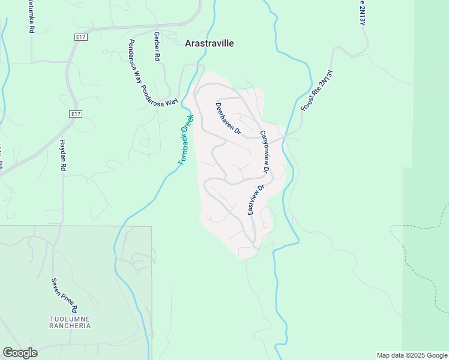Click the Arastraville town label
(x=209, y=43)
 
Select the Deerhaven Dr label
(x=228, y=118)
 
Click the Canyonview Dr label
(x=265, y=152)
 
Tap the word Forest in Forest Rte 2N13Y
(x=307, y=103)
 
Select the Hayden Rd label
(x=62, y=155)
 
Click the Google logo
(x=20, y=353)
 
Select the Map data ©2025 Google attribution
(x=412, y=355)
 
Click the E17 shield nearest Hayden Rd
(x=74, y=114)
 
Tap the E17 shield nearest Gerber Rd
(x=82, y=37)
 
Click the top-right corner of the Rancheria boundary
(x=151, y=227)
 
